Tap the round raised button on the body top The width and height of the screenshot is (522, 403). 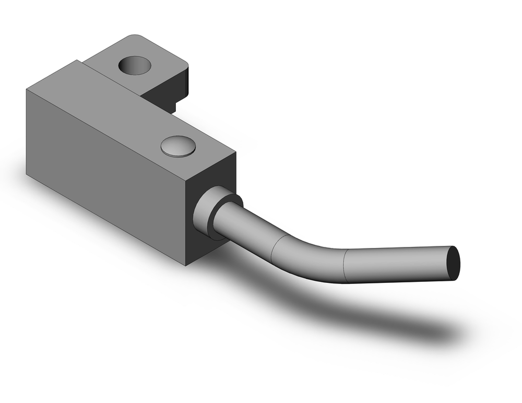pyautogui.click(x=178, y=146)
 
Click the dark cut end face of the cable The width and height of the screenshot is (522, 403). pyautogui.click(x=454, y=263)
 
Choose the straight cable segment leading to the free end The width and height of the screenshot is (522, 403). pyautogui.click(x=397, y=264)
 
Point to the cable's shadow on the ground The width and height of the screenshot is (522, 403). pyautogui.click(x=365, y=313)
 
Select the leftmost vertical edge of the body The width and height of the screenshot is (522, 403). pyautogui.click(x=27, y=131)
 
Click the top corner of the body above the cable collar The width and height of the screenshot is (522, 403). pyautogui.click(x=235, y=153)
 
